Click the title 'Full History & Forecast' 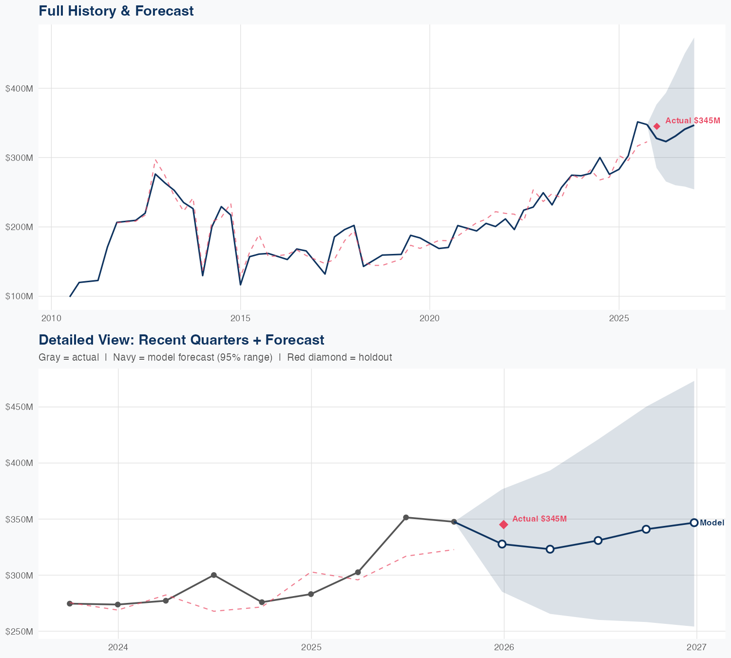(116, 11)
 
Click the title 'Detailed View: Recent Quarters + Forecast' (181, 340)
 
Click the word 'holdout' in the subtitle (375, 357)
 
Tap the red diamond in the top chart (657, 126)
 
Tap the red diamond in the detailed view (504, 524)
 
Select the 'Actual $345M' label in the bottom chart (539, 519)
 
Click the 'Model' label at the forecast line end (712, 523)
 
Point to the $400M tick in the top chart (19, 89)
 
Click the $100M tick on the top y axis (19, 296)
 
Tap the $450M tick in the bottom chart (19, 407)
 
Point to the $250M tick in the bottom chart (19, 632)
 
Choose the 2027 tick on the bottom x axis (696, 647)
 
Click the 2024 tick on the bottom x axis (118, 647)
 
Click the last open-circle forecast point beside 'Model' (694, 523)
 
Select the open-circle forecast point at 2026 (502, 544)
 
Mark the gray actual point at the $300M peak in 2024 (213, 575)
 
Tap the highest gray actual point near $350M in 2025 (406, 517)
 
